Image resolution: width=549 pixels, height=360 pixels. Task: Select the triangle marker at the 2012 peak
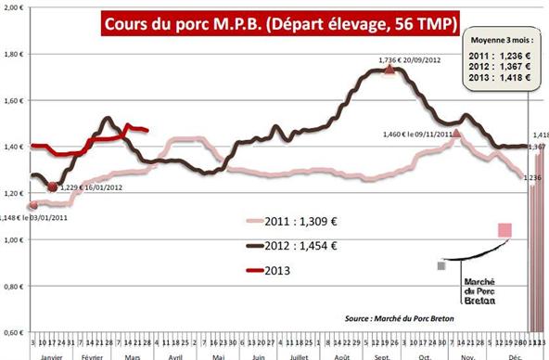[x=389, y=69]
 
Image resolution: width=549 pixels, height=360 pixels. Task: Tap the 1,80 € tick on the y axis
[x=15, y=55]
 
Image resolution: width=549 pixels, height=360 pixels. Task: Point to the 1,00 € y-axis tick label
[x=15, y=240]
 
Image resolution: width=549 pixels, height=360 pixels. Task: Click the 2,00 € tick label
[x=15, y=8]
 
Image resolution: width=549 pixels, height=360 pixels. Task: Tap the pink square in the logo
[x=504, y=230]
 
